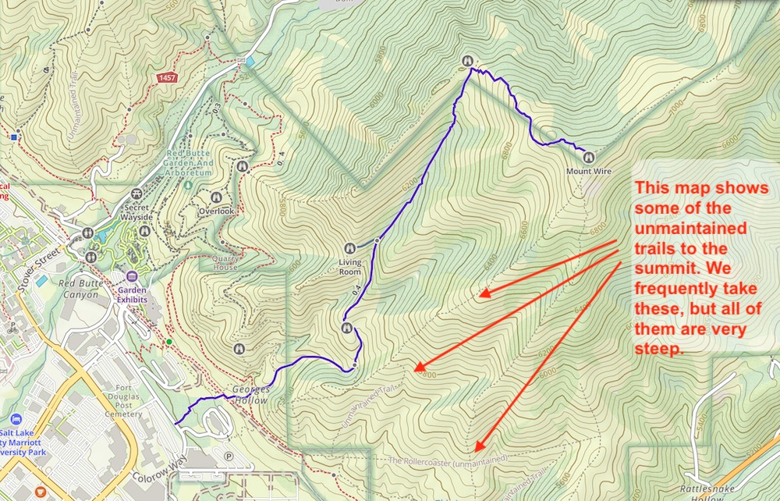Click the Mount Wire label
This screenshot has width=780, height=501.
(588, 171)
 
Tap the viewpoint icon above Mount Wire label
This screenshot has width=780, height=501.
(588, 157)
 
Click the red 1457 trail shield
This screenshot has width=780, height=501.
(166, 78)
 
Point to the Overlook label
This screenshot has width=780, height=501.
(216, 211)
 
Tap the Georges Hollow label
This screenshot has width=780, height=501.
(250, 394)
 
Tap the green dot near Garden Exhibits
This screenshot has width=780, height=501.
(169, 342)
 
